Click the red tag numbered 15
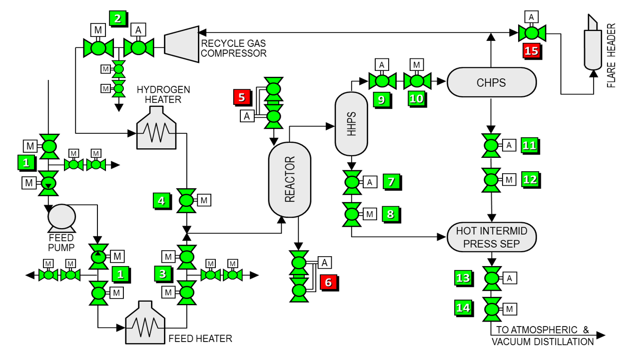531,50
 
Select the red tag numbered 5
242,97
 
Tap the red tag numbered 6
328,282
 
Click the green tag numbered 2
117,19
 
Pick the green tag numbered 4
161,201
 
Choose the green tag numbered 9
381,99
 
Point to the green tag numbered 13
463,278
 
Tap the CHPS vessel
491,82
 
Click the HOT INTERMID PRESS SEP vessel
491,238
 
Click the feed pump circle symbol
61,216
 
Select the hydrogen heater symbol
157,131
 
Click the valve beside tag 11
491,145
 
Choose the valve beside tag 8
352,214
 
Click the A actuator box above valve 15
531,17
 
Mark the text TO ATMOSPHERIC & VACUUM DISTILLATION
542,336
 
